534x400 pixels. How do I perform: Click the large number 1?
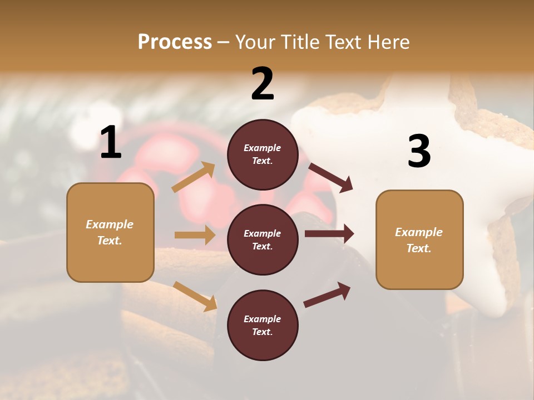111,143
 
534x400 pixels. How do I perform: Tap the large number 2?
263,84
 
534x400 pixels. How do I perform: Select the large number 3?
419,151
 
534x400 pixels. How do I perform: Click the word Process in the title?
175,42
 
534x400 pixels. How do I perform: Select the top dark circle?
263,154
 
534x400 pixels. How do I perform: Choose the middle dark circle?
263,239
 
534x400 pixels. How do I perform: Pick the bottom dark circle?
263,325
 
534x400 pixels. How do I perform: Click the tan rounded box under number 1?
110,232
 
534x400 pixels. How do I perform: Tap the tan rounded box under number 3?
419,239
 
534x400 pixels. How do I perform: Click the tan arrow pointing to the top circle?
194,177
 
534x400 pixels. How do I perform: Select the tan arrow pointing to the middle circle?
195,235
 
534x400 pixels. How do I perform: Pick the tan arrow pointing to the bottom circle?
195,296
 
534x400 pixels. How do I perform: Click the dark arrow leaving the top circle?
330,177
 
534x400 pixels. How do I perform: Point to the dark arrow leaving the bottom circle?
327,294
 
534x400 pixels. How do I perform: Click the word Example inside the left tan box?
110,224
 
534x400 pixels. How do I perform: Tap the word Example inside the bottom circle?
262,319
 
